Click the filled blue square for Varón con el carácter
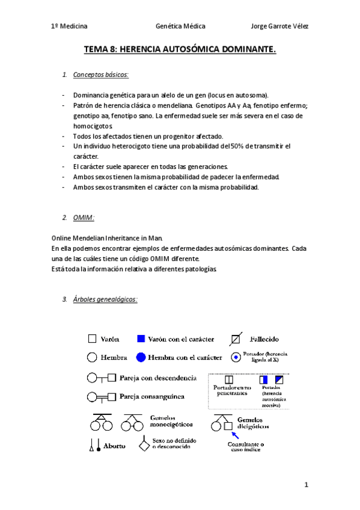141,339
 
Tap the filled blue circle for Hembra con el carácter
141,357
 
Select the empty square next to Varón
93,339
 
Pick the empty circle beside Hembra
93,357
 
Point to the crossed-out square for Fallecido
237,339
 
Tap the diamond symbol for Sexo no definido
144,446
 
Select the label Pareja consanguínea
151,397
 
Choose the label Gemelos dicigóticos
253,423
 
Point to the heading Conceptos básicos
100,75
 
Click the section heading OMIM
84,217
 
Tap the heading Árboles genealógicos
105,299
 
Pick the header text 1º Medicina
69,26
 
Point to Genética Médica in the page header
180,26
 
